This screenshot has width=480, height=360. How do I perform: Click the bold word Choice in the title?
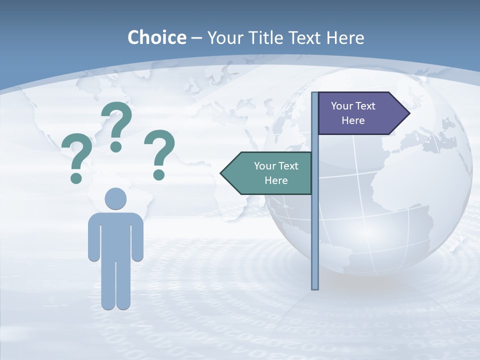[156, 38]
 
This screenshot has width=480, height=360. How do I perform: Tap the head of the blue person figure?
[115, 198]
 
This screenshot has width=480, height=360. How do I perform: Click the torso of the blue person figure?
[115, 235]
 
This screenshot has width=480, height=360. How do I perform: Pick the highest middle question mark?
[116, 122]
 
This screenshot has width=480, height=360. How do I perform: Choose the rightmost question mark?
[159, 150]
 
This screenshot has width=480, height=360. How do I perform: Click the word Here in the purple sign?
[353, 120]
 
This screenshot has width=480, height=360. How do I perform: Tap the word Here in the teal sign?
[276, 180]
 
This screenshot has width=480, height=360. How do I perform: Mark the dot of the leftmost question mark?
[76, 178]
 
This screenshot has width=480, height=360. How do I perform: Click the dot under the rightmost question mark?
[159, 174]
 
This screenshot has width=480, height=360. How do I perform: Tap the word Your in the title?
[225, 38]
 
